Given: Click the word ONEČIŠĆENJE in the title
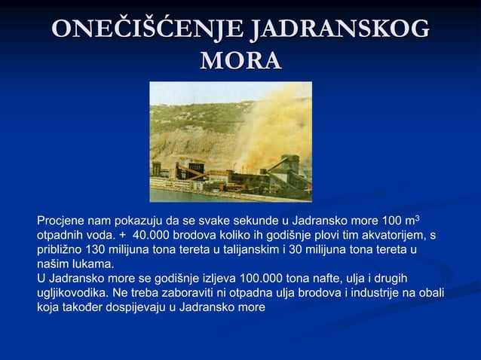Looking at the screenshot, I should (x=148, y=30).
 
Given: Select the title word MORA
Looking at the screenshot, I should (x=240, y=60).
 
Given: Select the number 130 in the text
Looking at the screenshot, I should (x=97, y=250).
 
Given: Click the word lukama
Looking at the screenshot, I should (x=91, y=264).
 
